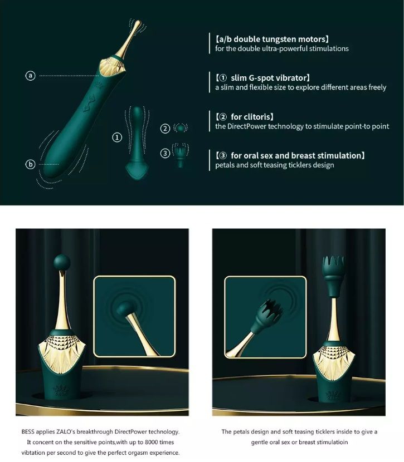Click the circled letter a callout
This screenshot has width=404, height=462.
[x=31, y=75]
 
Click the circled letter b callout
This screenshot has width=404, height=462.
[x=31, y=164]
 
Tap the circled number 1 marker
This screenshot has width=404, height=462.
[x=117, y=136]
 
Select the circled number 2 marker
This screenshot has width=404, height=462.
[x=165, y=129]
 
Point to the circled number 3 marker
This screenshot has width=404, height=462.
[x=165, y=153]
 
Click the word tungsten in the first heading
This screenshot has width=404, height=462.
[x=280, y=39]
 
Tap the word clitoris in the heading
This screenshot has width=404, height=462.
[x=255, y=117]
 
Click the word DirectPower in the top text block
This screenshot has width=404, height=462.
[x=249, y=126]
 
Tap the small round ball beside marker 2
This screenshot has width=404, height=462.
[x=179, y=128]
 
